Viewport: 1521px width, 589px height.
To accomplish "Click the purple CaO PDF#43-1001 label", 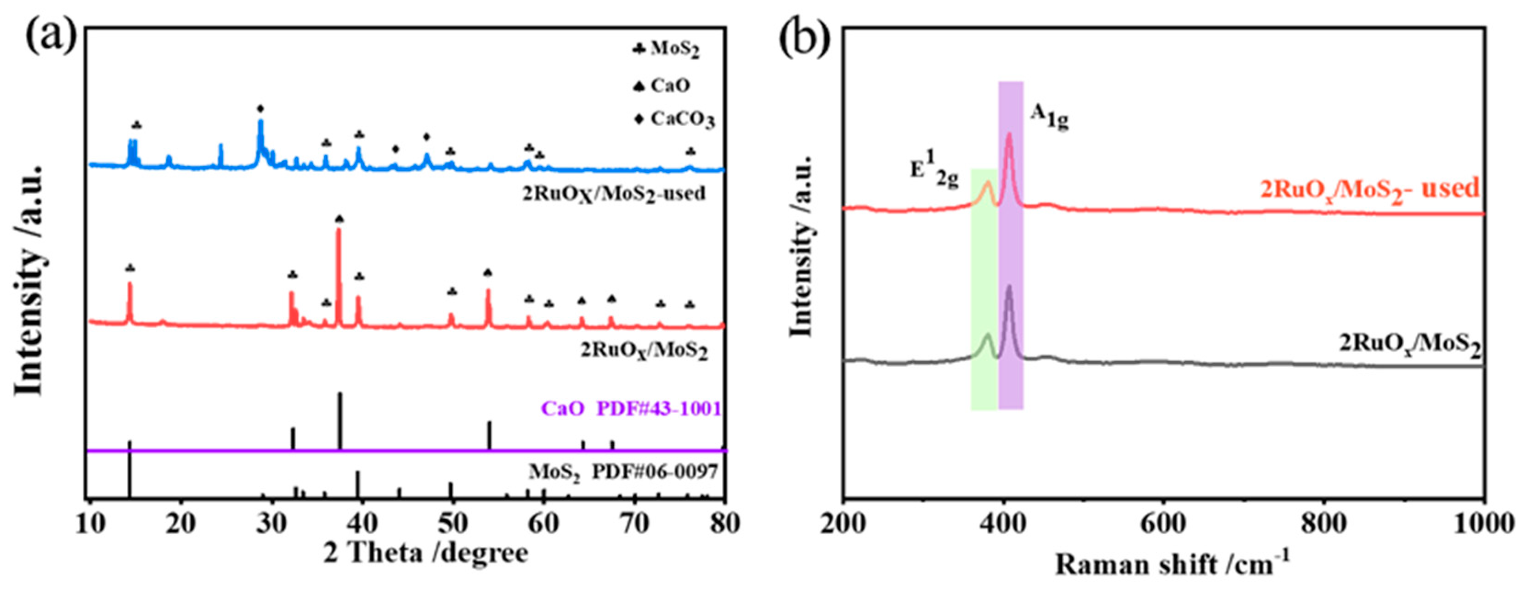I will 631,409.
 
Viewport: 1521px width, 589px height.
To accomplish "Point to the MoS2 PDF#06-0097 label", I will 623,472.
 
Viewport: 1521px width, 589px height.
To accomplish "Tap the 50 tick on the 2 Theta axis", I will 452,524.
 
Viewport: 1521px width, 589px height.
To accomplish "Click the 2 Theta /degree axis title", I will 426,554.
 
